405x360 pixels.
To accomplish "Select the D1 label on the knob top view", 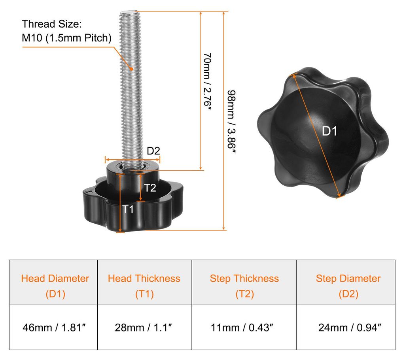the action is [x=329, y=131].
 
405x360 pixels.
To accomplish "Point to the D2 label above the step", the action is [x=153, y=151].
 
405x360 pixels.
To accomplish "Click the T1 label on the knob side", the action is [x=128, y=209].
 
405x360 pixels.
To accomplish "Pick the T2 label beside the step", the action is [x=150, y=188].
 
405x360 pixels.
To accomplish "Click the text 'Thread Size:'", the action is [x=52, y=24].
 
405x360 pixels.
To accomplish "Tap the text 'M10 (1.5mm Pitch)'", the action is [x=66, y=38].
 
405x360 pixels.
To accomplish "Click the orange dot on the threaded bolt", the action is [x=131, y=69].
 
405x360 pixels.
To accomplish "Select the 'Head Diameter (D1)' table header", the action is [x=55, y=286].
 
